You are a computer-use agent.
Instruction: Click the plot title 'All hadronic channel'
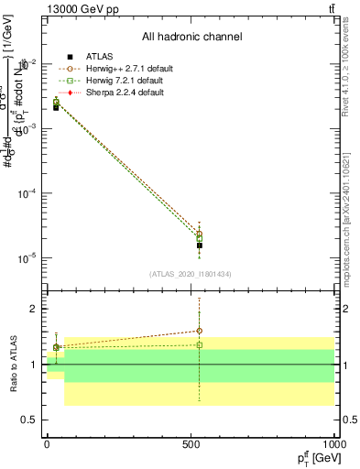(x=191, y=38)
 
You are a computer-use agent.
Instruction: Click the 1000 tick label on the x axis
(x=333, y=443)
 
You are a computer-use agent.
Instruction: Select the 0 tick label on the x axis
(x=48, y=443)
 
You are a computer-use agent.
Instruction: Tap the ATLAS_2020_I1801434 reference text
(x=191, y=274)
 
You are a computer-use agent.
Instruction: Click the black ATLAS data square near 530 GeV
(x=199, y=245)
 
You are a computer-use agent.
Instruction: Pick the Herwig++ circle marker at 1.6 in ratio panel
(x=199, y=331)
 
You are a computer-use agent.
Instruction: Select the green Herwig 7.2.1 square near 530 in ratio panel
(x=199, y=345)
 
